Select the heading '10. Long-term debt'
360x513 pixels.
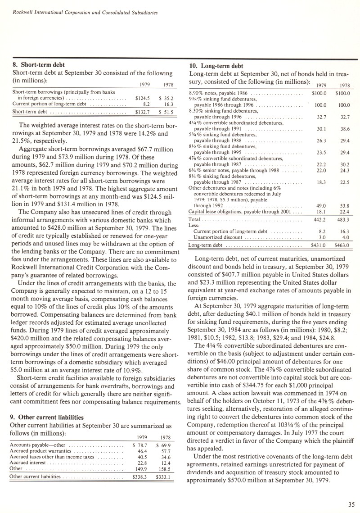coord(216,66)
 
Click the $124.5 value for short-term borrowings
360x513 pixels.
coord(142,97)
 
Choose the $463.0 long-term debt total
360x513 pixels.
coord(342,245)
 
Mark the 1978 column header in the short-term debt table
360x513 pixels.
coord(166,85)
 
